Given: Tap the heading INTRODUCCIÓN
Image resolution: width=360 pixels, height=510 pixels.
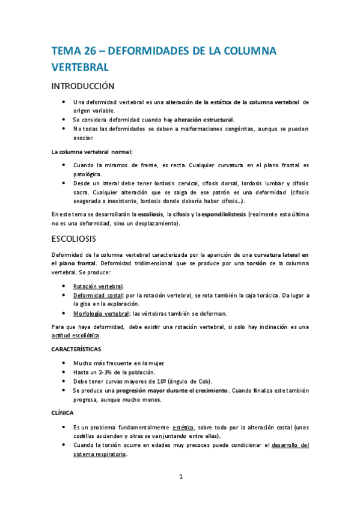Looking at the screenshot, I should (x=83, y=86).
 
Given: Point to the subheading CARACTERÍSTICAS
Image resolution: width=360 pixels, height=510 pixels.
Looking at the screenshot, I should (x=76, y=349).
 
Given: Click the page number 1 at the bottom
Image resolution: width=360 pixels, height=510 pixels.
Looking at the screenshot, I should (x=180, y=477).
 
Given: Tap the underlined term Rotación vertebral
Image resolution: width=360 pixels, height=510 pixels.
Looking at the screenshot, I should (x=98, y=286).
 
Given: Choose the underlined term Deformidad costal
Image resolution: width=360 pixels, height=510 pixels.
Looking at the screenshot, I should (x=98, y=295).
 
